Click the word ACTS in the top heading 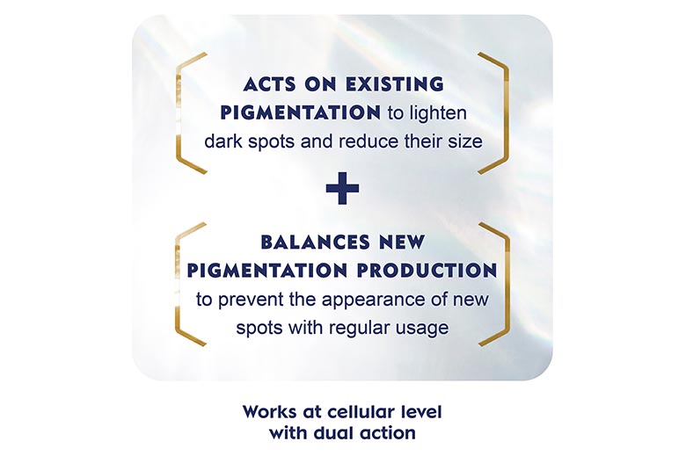pos(270,84)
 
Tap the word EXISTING pos(395,84)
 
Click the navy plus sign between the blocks pos(343,188)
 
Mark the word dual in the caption pos(334,433)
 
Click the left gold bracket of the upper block pos(179,112)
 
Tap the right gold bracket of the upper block pos(507,112)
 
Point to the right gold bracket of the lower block pos(507,284)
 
